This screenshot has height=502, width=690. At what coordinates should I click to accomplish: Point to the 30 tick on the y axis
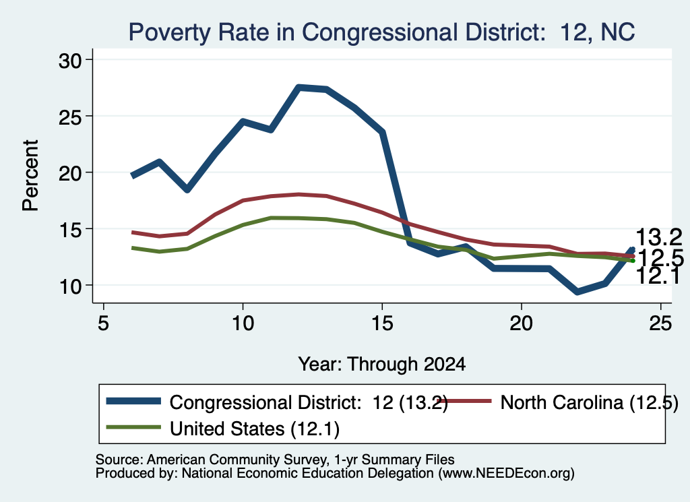(70, 60)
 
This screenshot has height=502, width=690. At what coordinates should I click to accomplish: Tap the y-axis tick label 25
(70, 117)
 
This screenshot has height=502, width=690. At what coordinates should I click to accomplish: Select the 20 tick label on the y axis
(70, 173)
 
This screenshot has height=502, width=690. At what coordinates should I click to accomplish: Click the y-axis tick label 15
(70, 229)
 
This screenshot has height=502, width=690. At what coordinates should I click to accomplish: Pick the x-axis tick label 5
(103, 323)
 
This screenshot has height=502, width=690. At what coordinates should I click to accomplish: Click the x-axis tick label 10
(243, 323)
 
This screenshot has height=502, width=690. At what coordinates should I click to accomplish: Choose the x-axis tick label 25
(660, 323)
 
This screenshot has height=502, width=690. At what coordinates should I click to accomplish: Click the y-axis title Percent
(30, 175)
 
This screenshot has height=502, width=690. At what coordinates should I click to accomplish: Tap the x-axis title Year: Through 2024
(382, 365)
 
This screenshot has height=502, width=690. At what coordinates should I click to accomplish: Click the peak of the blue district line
(299, 88)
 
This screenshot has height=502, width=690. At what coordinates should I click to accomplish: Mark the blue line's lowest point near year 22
(577, 292)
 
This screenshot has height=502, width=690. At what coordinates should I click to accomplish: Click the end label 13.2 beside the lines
(659, 238)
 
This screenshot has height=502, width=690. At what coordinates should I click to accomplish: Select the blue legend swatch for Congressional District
(134, 401)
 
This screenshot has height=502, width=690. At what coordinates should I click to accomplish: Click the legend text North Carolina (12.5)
(590, 402)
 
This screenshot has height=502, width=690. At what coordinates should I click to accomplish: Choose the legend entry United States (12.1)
(255, 429)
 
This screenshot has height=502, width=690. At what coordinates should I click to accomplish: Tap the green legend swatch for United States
(134, 427)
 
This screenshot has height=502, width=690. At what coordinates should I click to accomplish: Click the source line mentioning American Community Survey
(275, 460)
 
